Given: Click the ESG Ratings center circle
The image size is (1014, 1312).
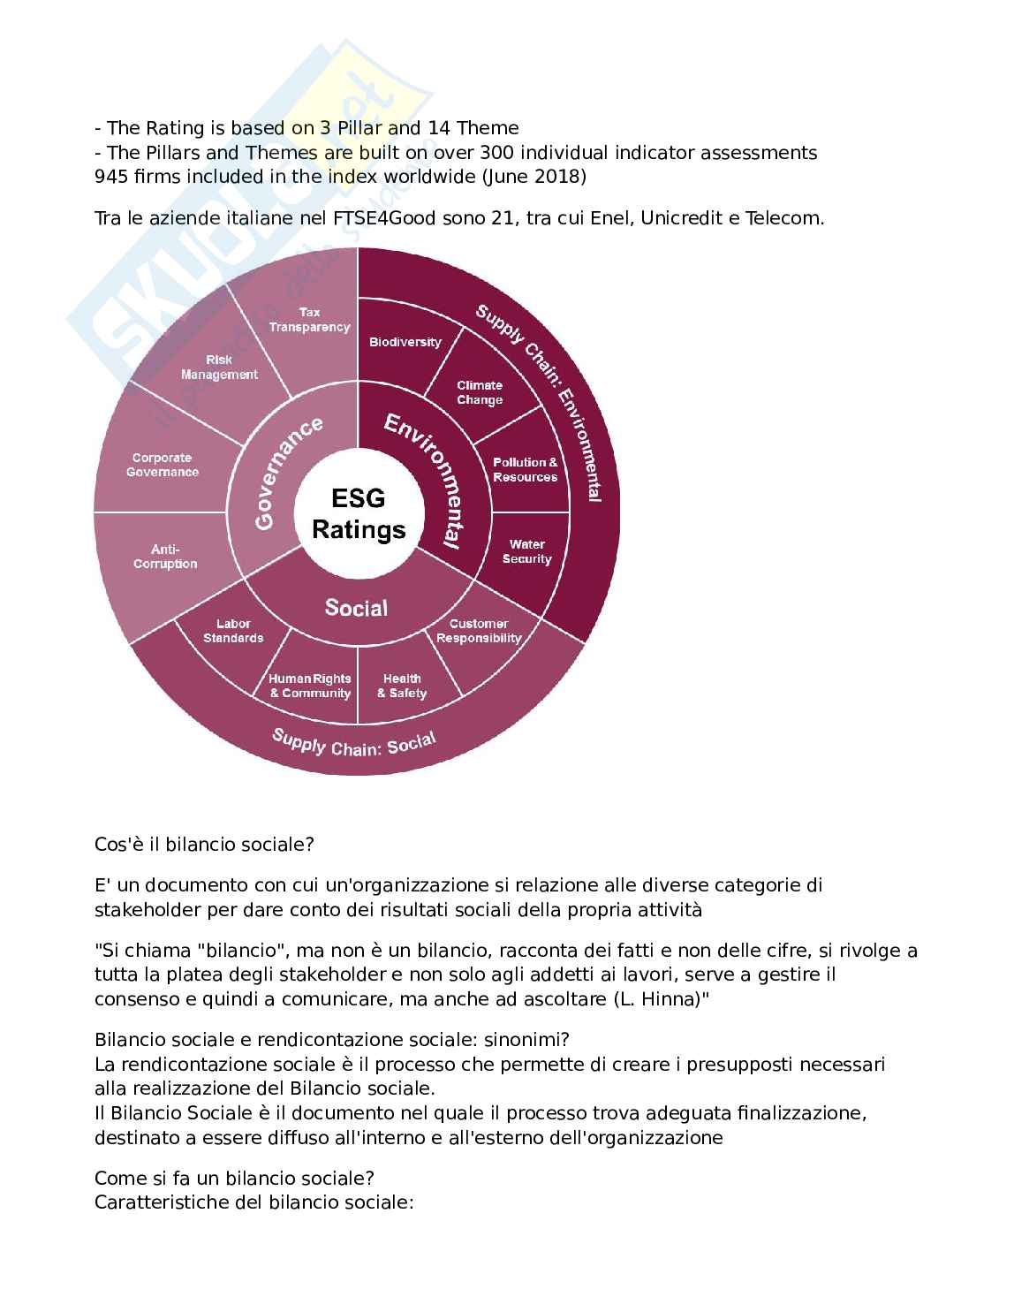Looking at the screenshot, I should pos(358,513).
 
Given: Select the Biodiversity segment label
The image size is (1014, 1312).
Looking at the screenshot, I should pos(405,342).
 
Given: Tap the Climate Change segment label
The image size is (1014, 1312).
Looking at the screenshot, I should pos(480,392).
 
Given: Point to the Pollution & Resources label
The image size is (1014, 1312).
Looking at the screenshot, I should pos(526,469).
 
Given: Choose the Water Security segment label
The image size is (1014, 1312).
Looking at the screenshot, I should pos(526,551).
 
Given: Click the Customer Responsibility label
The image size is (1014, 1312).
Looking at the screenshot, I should pos(479,631).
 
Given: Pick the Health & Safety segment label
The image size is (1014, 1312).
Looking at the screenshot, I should pos(402,686).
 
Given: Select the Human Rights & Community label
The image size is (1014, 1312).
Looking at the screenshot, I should pos(310,686).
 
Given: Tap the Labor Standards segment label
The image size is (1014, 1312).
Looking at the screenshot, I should pos(233,631).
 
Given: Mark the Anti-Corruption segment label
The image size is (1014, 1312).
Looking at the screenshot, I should pos(165,557).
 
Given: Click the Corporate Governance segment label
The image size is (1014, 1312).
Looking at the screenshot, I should pos(163,465).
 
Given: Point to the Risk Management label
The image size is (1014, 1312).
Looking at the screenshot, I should pos(219,367).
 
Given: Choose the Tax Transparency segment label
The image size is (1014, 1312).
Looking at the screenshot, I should pos(310,320).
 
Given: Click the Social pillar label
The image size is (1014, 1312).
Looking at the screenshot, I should pos(356,608).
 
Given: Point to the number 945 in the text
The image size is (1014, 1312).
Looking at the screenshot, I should pos(110,176).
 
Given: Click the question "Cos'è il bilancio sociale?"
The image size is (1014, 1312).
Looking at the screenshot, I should pos(204,844).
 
